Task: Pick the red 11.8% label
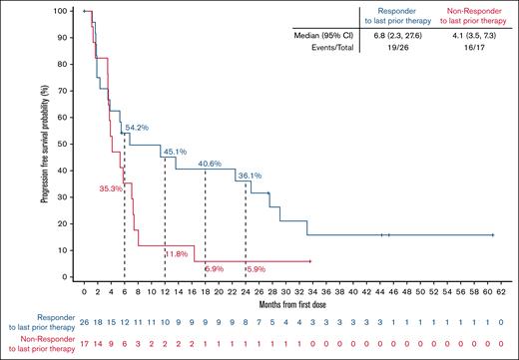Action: tap(177, 254)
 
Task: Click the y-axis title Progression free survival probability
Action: tap(46, 143)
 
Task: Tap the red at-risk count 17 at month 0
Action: tap(84, 344)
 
